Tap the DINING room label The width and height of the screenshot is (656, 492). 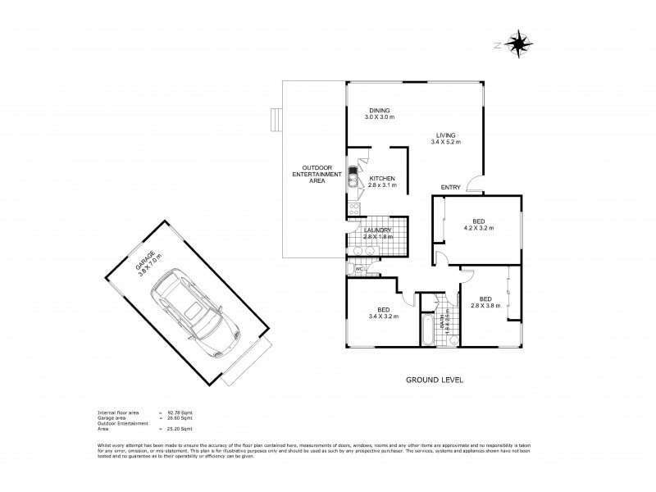[379, 114]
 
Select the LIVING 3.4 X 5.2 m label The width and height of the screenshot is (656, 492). [445, 139]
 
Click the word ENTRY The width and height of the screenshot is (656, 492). [450, 188]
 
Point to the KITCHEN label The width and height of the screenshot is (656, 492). [382, 182]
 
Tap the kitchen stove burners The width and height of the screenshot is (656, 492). [353, 209]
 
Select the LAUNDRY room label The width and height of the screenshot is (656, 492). [378, 234]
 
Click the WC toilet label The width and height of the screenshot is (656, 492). [359, 268]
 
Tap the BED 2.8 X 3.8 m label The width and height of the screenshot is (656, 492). [485, 303]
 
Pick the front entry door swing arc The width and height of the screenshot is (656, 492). [474, 185]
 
